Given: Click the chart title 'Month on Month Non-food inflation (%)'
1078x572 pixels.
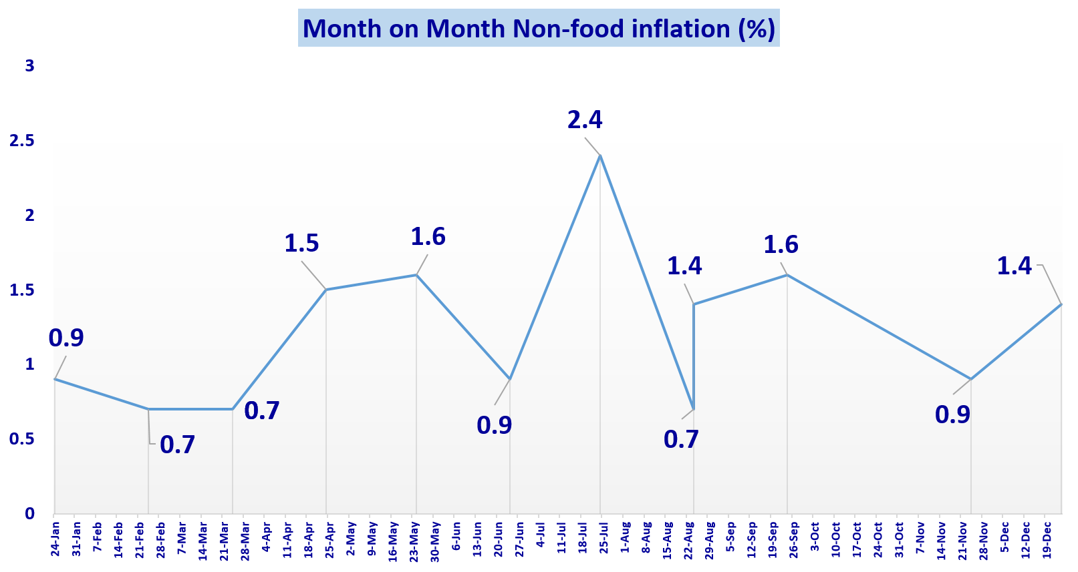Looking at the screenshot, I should click(x=539, y=29).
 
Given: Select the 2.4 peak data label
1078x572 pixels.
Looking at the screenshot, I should click(x=585, y=120).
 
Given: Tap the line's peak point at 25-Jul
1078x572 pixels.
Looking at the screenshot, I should click(x=600, y=156).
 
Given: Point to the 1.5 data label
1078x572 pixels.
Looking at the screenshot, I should click(x=301, y=244).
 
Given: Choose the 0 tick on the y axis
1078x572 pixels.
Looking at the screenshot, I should click(x=29, y=513).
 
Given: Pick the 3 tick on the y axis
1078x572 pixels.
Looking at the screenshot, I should click(x=29, y=65).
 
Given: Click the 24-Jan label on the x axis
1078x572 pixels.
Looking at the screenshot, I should click(x=55, y=539).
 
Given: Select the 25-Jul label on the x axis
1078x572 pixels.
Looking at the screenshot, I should click(x=603, y=539).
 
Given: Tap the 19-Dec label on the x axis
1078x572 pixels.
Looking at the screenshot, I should click(x=1047, y=539).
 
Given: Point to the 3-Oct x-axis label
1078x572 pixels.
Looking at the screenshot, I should click(x=815, y=537).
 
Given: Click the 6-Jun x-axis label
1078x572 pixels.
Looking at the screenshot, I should click(x=456, y=537).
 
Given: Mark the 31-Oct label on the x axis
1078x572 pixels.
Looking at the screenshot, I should click(x=899, y=539).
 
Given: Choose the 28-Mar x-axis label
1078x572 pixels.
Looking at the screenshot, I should click(x=245, y=539).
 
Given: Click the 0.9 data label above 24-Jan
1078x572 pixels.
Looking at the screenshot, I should click(x=66, y=338).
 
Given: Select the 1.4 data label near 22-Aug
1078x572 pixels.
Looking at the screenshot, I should click(x=684, y=266).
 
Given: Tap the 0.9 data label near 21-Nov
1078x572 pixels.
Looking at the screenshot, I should click(x=952, y=415).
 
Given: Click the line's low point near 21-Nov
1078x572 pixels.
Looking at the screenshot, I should click(x=970, y=379).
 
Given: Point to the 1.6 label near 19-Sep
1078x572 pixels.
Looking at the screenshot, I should click(x=781, y=245).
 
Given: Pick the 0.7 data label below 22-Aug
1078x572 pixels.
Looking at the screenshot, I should click(x=681, y=439).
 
